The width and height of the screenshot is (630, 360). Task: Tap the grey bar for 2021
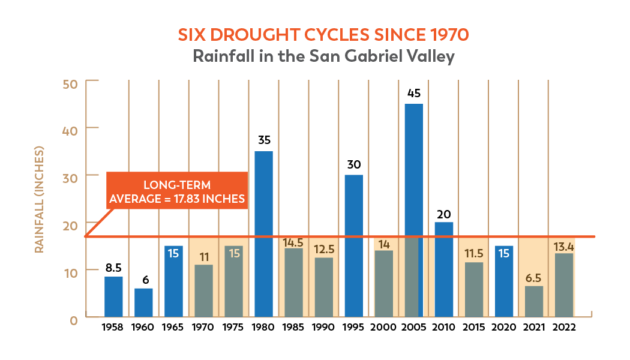[533, 301]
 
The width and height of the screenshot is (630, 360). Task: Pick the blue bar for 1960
[143, 302]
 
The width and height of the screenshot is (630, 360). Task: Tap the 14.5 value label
[293, 243]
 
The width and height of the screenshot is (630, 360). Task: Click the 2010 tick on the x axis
[443, 328]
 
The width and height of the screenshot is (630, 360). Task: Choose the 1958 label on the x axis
[113, 328]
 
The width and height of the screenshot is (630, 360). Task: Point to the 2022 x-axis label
[563, 328]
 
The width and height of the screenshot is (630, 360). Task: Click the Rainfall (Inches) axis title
[40, 199]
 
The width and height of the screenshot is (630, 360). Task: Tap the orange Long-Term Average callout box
[176, 191]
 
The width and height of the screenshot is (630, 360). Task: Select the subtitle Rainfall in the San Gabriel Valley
[323, 56]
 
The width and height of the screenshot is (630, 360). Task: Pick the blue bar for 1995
[353, 245]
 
